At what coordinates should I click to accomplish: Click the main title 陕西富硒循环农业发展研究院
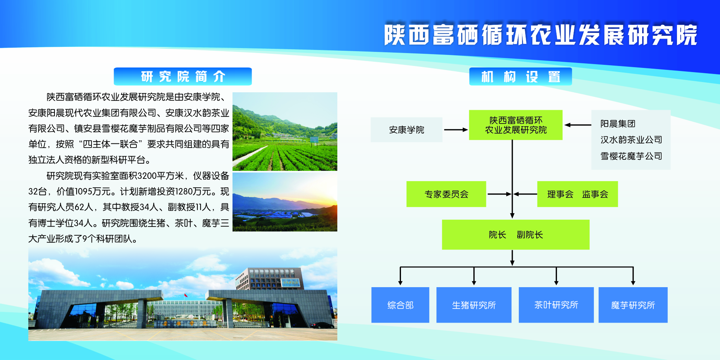click(x=540, y=35)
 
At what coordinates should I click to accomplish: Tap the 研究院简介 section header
click(x=183, y=76)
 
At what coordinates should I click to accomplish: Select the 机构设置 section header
click(x=520, y=76)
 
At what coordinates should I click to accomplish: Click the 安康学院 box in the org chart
click(x=406, y=130)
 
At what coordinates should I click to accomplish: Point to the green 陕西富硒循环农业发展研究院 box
click(x=516, y=125)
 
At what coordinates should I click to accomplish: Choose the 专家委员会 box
click(x=446, y=194)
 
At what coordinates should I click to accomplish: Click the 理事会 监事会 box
click(x=577, y=194)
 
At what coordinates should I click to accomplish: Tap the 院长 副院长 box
click(x=516, y=235)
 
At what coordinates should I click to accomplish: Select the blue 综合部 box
click(x=400, y=305)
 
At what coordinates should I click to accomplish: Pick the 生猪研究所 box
click(x=474, y=305)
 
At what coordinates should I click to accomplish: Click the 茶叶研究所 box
click(x=556, y=305)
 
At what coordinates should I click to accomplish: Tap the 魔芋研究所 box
click(x=633, y=305)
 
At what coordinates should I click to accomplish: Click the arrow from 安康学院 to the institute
click(x=456, y=130)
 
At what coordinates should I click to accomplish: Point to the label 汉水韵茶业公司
click(x=631, y=140)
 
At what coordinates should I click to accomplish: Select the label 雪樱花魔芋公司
click(x=631, y=156)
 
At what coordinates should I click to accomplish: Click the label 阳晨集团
click(x=618, y=124)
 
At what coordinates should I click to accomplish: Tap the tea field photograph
click(x=285, y=132)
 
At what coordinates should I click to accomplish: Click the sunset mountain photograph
click(x=285, y=202)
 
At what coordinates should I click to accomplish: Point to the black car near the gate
click(x=322, y=325)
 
